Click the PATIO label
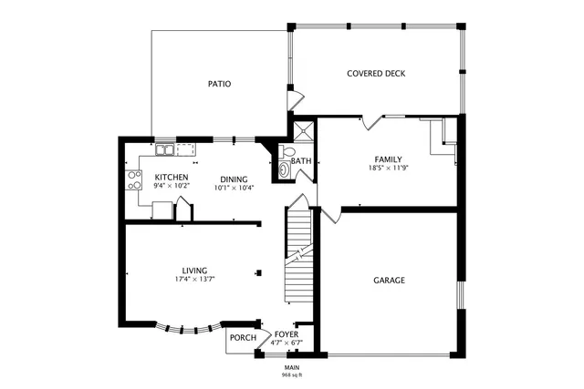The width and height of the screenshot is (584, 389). click(x=219, y=84)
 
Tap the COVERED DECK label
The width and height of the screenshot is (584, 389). click(x=376, y=74)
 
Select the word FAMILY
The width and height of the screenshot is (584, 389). click(x=388, y=159)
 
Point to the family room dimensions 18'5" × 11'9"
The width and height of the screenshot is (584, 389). click(x=387, y=169)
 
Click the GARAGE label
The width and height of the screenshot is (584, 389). click(x=389, y=281)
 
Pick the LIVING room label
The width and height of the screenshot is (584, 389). click(x=194, y=270)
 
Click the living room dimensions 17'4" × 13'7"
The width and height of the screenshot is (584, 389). click(x=194, y=279)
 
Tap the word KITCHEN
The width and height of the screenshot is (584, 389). click(x=172, y=177)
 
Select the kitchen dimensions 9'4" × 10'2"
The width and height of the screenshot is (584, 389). click(x=172, y=186)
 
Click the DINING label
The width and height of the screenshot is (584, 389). click(x=235, y=179)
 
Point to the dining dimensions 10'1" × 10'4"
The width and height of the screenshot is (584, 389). click(x=235, y=188)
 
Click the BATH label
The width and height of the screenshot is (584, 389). click(x=302, y=161)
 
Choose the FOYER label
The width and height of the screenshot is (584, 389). click(x=287, y=334)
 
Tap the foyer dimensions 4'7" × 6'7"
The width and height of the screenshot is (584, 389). click(x=287, y=343)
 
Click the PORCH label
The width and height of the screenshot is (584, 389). click(x=243, y=338)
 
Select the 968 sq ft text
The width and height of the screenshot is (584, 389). click(x=292, y=374)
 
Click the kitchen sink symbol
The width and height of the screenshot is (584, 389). click(x=165, y=148)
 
